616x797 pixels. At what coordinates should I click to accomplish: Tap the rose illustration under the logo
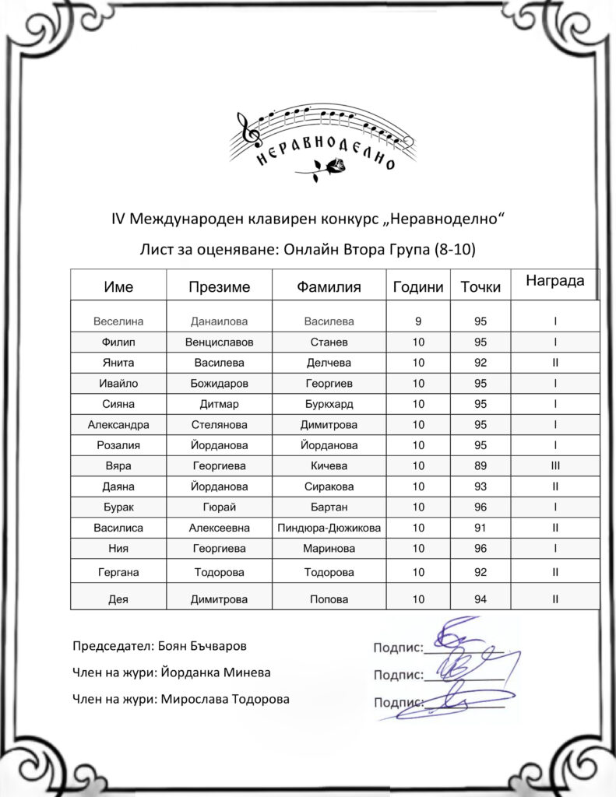(326, 168)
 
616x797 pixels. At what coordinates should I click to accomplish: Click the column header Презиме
(219, 287)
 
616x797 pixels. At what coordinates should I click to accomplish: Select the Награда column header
(554, 281)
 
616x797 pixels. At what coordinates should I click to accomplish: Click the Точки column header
(480, 287)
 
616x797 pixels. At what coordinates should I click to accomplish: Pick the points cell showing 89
(480, 466)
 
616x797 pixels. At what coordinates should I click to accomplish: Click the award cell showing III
(555, 466)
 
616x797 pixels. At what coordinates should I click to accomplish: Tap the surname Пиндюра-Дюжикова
(329, 528)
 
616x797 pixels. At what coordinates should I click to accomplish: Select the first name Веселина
(118, 321)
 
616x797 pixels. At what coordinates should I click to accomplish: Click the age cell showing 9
(419, 321)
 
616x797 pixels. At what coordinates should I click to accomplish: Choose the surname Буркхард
(329, 404)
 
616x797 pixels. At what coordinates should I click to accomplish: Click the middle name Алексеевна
(219, 528)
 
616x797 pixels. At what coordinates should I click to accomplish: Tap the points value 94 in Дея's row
(480, 599)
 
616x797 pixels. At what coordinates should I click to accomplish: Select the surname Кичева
(329, 466)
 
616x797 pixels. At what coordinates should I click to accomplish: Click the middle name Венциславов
(219, 342)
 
